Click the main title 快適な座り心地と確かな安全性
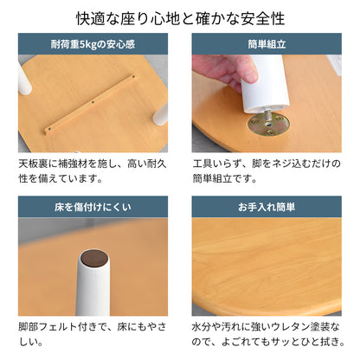pos(180,18)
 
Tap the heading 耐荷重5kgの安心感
pos(93,44)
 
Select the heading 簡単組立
pos(267,44)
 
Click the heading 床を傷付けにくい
pos(93,207)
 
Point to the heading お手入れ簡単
pos(267,207)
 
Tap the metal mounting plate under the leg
pos(268,125)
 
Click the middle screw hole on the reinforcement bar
pos(93,101)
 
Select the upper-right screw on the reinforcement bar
pos(133,77)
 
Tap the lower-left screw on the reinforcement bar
pos(49,129)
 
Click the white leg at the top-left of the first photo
pos(24,79)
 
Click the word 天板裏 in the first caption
pos(33,164)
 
